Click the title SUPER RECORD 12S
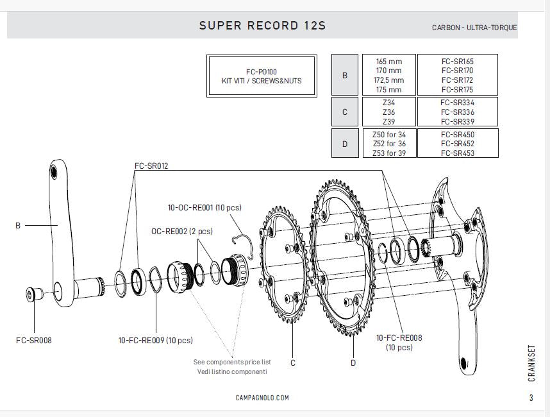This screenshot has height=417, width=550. (x=262, y=26)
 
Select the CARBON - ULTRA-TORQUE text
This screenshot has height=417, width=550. (x=474, y=28)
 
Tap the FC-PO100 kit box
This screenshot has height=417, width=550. (x=262, y=76)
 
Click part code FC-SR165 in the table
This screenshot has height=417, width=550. (x=457, y=62)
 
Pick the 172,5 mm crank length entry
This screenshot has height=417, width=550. (x=389, y=80)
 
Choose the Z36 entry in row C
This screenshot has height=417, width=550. (x=388, y=112)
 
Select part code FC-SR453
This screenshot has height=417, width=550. (x=457, y=153)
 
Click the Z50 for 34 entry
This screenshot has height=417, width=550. (x=389, y=135)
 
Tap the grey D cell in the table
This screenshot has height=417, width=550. (x=345, y=144)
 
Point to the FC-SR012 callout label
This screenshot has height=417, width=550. (x=151, y=165)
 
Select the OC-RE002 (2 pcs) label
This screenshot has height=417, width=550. (x=181, y=230)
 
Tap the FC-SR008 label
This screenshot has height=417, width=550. (x=33, y=340)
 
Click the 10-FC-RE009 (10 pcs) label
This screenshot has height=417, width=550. (x=156, y=340)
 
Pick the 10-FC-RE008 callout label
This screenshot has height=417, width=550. (x=399, y=337)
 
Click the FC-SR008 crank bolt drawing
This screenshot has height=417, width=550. (x=33, y=294)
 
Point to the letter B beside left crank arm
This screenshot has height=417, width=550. (x=19, y=225)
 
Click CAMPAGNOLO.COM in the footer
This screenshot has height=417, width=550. (x=262, y=398)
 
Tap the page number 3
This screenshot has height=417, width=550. (x=531, y=398)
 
